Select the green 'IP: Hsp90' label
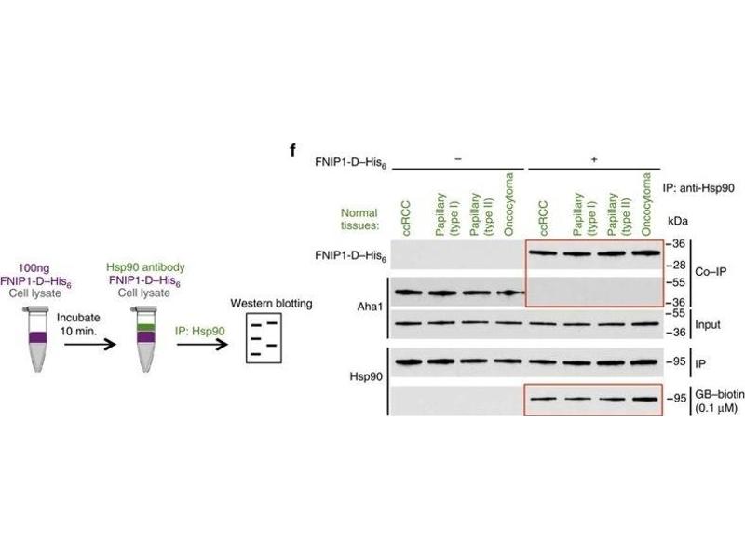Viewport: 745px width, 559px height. (202, 329)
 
